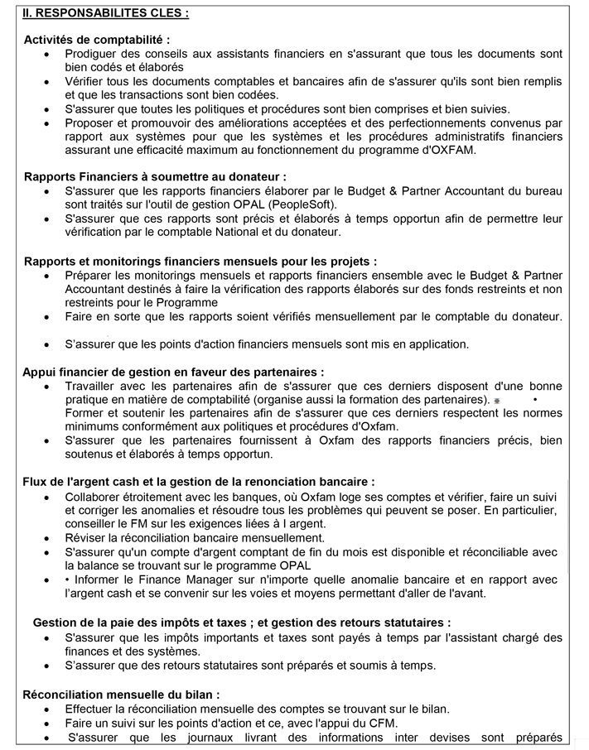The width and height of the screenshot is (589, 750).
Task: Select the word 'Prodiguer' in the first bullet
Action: (x=92, y=54)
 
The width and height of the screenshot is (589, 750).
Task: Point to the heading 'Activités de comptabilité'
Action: (x=97, y=40)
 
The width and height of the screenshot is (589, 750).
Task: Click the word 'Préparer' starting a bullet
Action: (x=90, y=276)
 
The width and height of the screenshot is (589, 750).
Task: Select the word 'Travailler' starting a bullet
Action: (x=92, y=386)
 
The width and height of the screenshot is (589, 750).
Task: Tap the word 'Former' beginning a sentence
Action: (x=84, y=412)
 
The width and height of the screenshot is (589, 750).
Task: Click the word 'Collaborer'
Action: (x=95, y=497)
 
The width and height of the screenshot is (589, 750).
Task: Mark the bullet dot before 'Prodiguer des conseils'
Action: (x=46, y=54)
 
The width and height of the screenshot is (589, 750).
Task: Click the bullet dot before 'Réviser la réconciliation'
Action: (x=46, y=538)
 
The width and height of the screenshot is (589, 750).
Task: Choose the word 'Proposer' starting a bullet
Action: (x=90, y=123)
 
